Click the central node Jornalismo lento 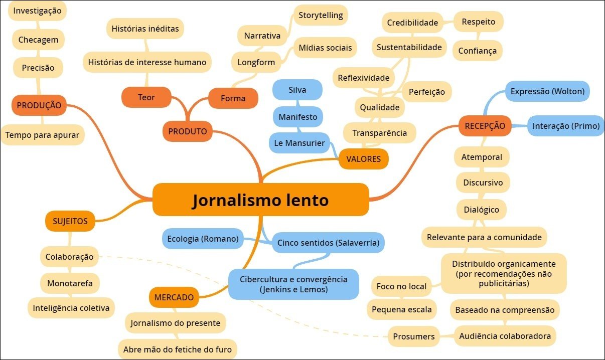(x=260, y=200)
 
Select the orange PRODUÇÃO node (x=39, y=105)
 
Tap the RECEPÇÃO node (x=485, y=125)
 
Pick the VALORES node (x=363, y=159)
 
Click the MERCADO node (x=174, y=297)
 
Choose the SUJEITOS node (x=70, y=221)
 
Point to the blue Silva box (x=297, y=90)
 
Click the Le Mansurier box (x=299, y=143)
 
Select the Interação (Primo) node (x=566, y=126)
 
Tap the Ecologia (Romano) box (x=203, y=239)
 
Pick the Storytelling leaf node (x=321, y=15)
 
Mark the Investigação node (x=37, y=11)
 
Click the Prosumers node (x=413, y=336)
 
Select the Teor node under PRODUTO (x=146, y=97)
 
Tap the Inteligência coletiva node (x=71, y=308)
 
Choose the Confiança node (x=477, y=51)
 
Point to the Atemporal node (x=482, y=157)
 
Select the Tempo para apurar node (x=42, y=134)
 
